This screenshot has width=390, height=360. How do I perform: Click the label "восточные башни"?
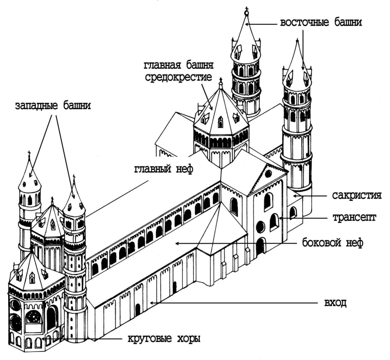click(x=321, y=24)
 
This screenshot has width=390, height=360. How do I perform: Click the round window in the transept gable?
click(x=268, y=174)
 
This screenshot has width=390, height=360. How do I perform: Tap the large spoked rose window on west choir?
click(x=33, y=317)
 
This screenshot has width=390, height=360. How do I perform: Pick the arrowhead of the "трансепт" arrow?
click(x=280, y=218)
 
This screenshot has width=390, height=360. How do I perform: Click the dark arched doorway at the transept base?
click(x=260, y=246)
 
